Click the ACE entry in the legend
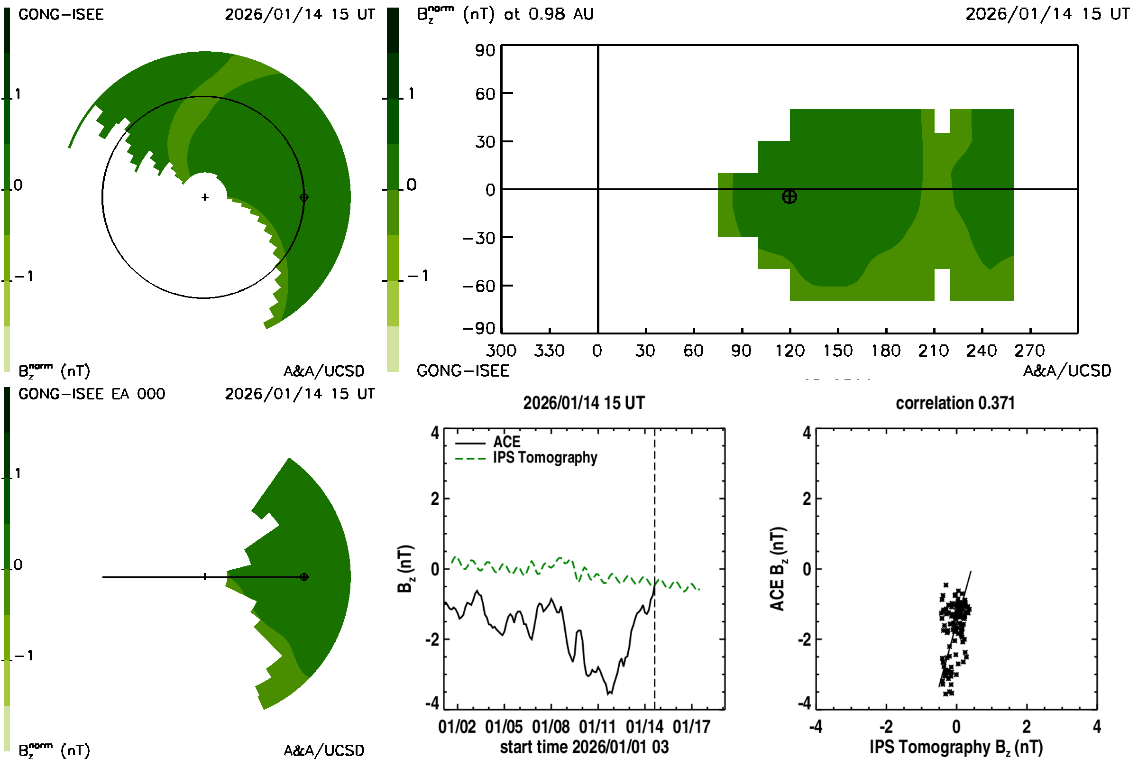click(x=506, y=442)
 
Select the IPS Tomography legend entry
click(x=545, y=457)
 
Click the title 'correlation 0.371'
click(x=954, y=403)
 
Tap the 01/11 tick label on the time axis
click(x=597, y=727)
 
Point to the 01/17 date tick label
click(x=691, y=727)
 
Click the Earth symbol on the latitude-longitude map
click(x=789, y=197)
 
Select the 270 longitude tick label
click(x=1029, y=351)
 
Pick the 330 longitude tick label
click(x=549, y=351)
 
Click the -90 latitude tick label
click(x=479, y=329)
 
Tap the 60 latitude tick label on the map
click(x=485, y=93)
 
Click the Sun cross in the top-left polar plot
click(x=205, y=197)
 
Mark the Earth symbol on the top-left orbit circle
click(x=304, y=197)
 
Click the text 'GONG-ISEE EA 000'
click(x=92, y=394)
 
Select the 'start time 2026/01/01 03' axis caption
click(x=584, y=747)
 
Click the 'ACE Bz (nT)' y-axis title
click(x=778, y=569)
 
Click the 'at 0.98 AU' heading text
click(x=549, y=14)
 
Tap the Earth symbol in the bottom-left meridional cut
click(x=304, y=577)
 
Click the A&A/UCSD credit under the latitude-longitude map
click(x=1067, y=371)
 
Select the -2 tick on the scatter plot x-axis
click(x=885, y=727)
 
